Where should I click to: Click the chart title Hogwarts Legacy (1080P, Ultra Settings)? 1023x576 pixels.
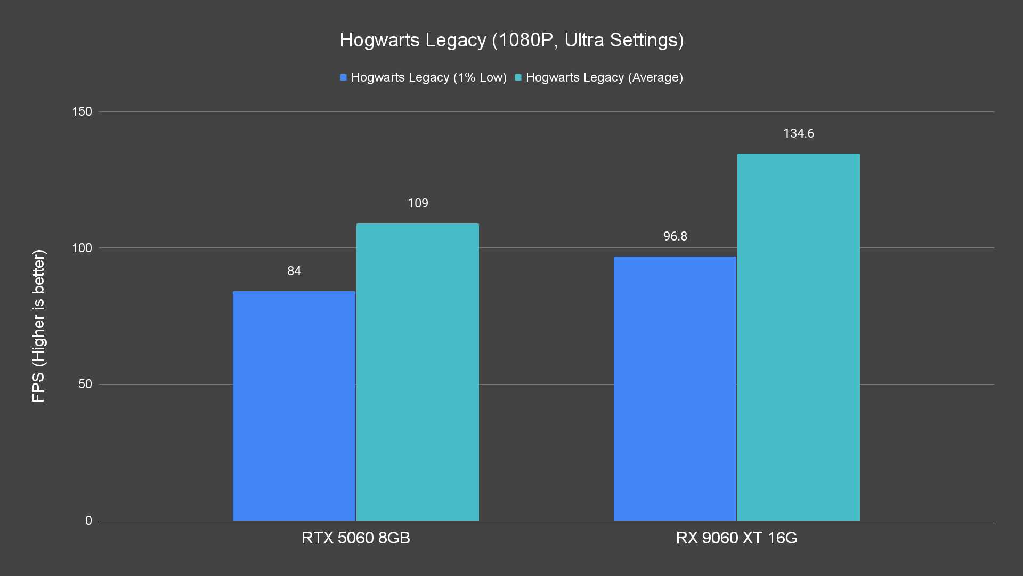coord(511,40)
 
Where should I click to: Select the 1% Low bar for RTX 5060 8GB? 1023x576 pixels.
coord(294,405)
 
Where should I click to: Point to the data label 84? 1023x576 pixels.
coord(294,271)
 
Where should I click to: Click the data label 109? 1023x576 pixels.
coord(418,203)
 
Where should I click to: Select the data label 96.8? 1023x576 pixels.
coord(675,236)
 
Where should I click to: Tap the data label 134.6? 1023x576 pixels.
coord(798,133)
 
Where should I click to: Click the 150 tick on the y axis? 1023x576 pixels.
coord(82,111)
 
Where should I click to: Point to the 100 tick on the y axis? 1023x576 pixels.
coord(82,248)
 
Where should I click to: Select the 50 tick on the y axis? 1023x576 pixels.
coord(85,384)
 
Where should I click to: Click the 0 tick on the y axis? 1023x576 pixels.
coord(88,521)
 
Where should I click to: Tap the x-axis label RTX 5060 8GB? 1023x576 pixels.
coord(356,538)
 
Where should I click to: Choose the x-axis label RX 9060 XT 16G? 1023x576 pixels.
coord(736,538)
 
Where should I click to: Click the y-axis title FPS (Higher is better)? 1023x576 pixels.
coord(38,325)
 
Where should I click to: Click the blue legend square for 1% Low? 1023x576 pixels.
coord(344,77)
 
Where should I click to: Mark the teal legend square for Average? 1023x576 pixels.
coord(518,77)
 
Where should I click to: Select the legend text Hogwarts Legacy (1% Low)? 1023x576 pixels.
coord(429,77)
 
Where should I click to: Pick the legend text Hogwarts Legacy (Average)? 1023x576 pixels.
coord(604,77)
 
